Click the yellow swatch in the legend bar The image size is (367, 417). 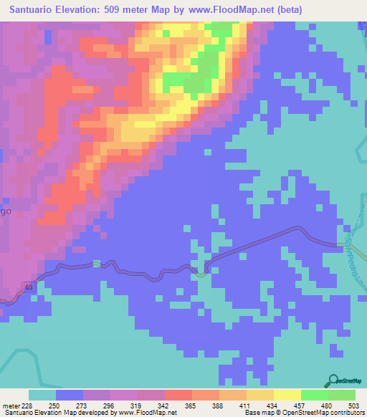pos(287,395)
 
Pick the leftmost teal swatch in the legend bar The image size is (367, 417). pos(42,395)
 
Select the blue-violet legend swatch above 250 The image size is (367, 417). pos(70,395)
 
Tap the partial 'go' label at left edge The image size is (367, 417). pos(5,212)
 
